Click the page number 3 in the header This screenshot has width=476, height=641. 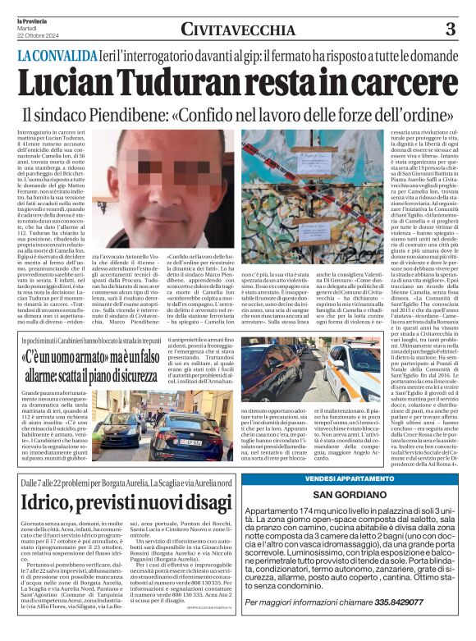pos(450,29)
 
